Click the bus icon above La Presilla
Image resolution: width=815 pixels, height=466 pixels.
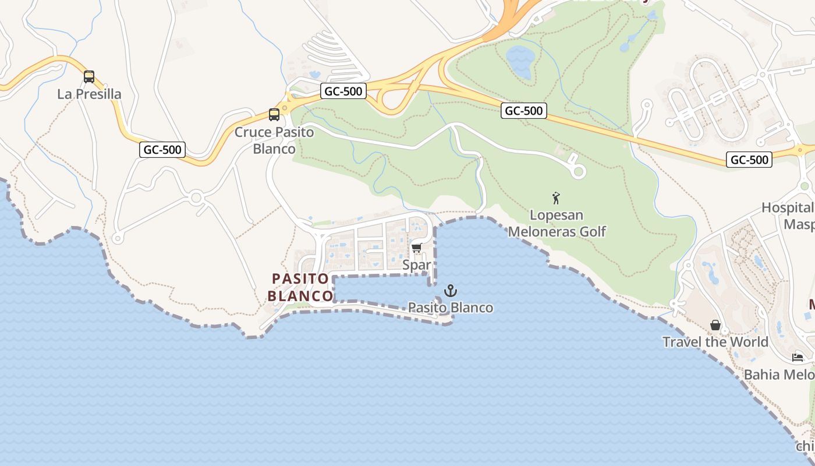click(89, 76)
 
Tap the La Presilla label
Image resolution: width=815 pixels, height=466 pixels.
click(89, 94)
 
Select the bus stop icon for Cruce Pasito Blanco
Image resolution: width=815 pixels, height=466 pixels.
click(274, 115)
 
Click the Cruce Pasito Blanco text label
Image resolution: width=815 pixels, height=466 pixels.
click(274, 140)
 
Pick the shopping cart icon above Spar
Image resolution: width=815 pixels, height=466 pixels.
click(416, 248)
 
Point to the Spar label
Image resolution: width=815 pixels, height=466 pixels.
click(417, 265)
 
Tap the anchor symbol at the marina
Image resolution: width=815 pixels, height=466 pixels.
click(450, 290)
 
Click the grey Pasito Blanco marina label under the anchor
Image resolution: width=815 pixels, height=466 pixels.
click(450, 308)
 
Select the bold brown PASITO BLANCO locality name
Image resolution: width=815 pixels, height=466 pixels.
click(300, 287)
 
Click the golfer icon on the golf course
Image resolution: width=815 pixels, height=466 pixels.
click(556, 198)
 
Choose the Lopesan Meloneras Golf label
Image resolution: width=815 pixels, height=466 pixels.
click(557, 223)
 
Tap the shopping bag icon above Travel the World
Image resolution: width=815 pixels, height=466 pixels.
click(715, 325)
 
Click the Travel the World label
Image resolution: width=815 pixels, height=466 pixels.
click(715, 342)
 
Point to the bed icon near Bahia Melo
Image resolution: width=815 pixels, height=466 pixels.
click(798, 357)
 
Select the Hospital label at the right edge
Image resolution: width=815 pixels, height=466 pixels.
click(788, 208)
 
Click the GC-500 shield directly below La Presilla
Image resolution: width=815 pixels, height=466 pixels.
click(163, 150)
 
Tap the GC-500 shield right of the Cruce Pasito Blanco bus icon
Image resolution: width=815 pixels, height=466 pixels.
click(343, 91)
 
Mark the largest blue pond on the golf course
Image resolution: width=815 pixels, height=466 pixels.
click(519, 61)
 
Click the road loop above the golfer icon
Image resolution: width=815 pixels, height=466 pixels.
click(578, 171)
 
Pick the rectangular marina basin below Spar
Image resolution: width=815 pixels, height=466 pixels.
click(381, 288)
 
